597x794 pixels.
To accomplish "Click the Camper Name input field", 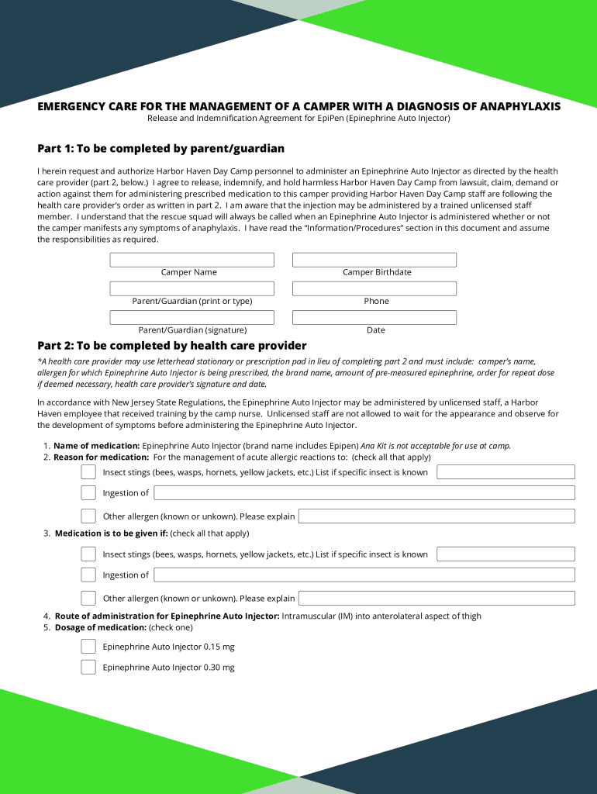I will pos(192,260).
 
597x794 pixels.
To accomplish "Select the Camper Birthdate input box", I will pos(374,260).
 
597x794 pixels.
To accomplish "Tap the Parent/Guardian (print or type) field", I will pos(192,288).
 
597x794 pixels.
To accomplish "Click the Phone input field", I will pos(374,288).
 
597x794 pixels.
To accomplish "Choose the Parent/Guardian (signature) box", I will pos(192,317).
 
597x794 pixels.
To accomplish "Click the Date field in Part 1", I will pos(374,317).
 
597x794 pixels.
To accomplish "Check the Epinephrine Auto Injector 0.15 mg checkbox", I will pos(88,647).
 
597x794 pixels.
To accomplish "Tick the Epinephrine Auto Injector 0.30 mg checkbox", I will pos(88,667).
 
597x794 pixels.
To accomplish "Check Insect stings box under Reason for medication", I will pos(88,472).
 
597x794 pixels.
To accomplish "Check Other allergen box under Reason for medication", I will pos(88,516).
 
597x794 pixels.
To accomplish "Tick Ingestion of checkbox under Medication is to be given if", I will pos(88,575).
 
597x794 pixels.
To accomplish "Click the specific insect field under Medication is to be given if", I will pos(506,554).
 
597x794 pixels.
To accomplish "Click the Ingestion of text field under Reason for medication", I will pos(364,492).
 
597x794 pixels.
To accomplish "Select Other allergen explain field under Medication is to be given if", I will pos(437,598).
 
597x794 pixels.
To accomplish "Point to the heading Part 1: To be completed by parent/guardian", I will pos(160,148).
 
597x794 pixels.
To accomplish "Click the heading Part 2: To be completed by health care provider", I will pos(172,345).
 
